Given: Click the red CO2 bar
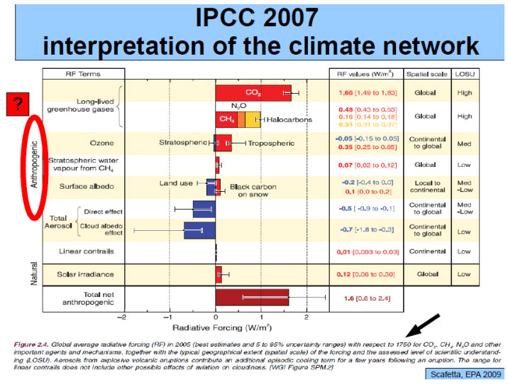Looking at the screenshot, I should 253,93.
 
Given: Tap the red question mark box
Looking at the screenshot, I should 16,104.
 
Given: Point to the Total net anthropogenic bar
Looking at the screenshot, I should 252,298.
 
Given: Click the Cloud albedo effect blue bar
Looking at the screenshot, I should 199,230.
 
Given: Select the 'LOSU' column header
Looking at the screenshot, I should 464,73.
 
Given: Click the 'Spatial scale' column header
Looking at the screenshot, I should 426,73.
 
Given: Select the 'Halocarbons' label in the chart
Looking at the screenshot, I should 289,120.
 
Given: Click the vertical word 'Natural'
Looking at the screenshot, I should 33,273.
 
